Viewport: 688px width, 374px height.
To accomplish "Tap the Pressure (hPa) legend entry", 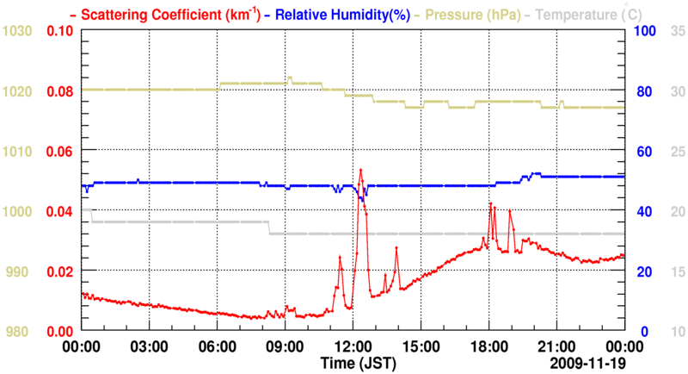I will pyautogui.click(x=468, y=14).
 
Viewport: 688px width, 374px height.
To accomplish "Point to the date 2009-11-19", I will pyautogui.click(x=586, y=364).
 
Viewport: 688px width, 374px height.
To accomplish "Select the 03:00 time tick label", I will pyautogui.click(x=149, y=347).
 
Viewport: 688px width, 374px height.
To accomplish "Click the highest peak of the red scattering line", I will pyautogui.click(x=361, y=170).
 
